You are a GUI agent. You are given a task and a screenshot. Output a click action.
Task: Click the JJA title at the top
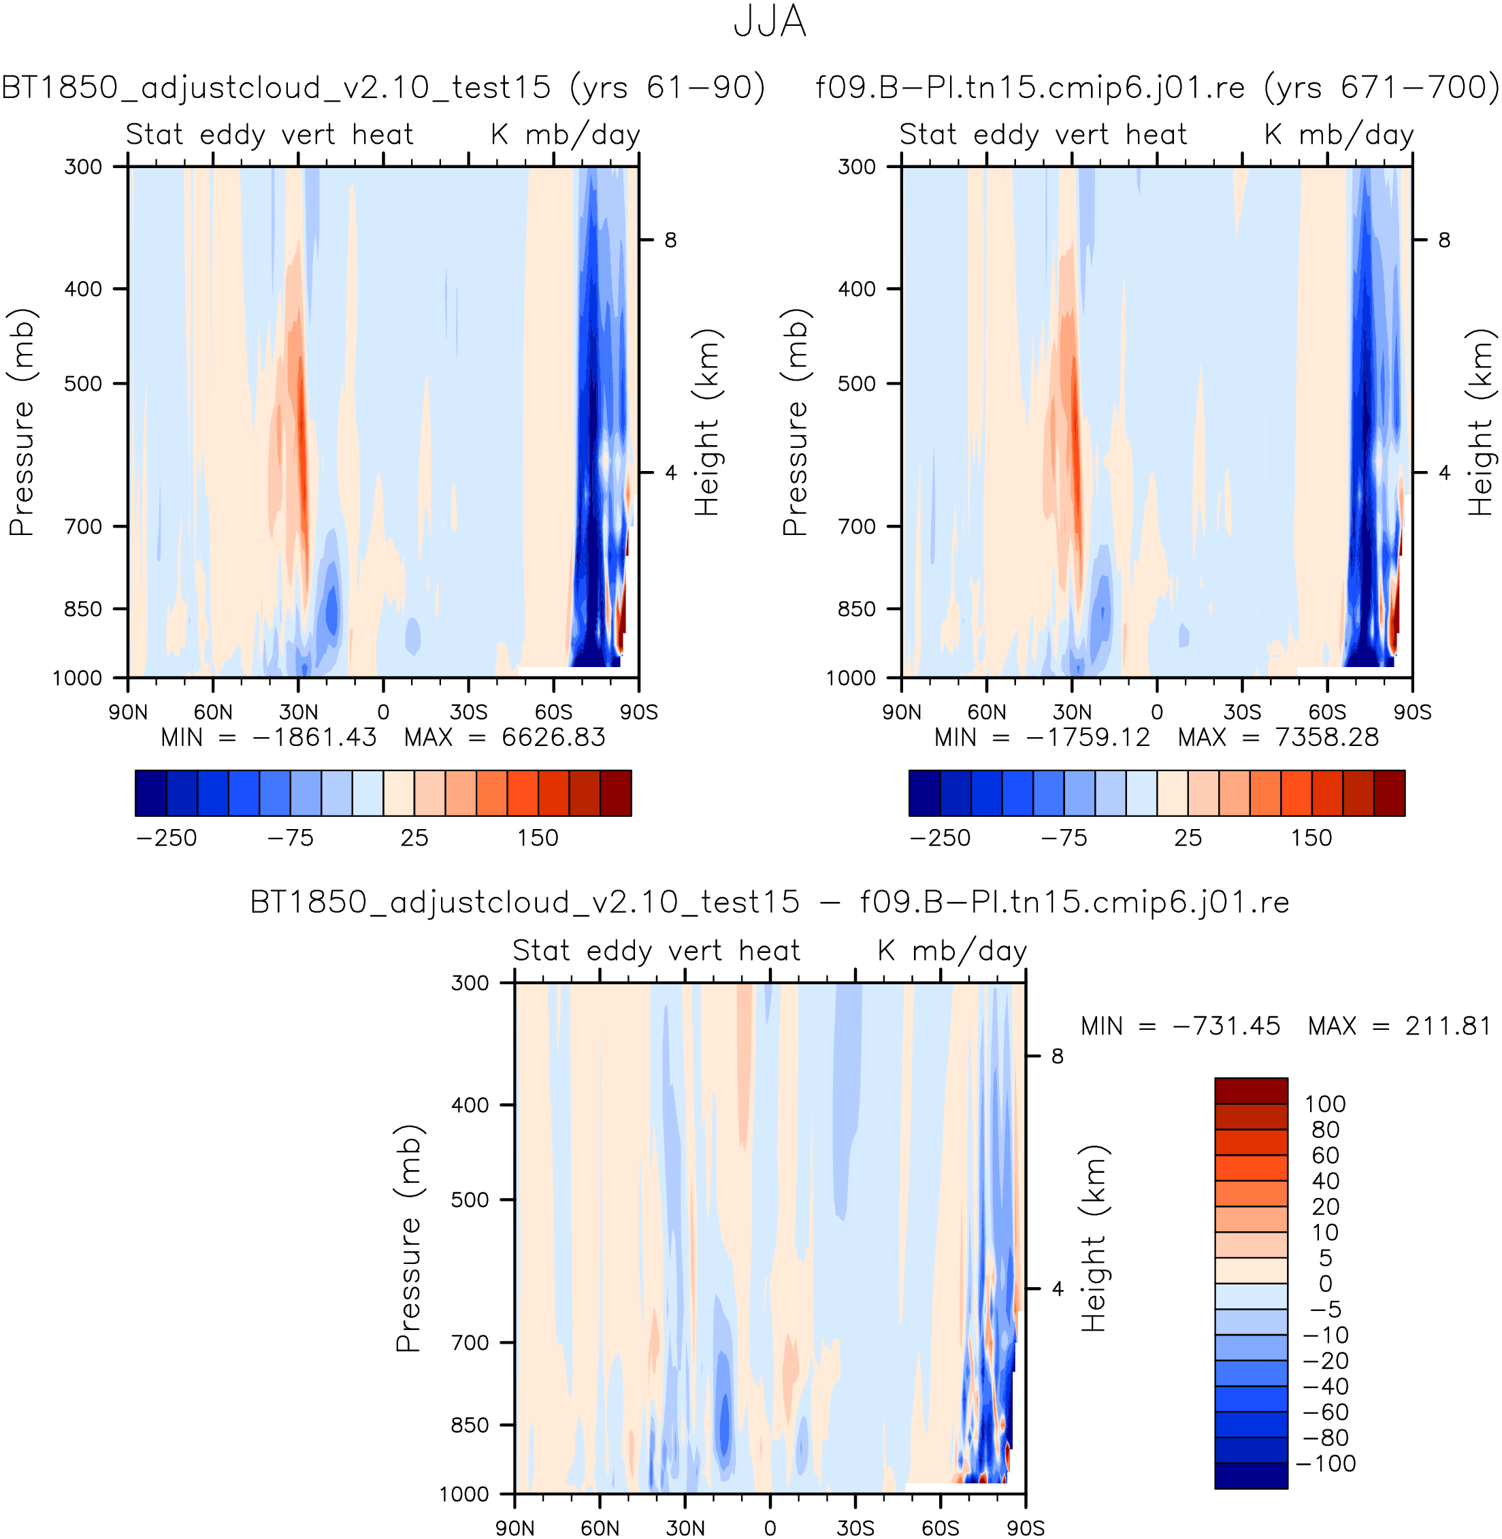769,21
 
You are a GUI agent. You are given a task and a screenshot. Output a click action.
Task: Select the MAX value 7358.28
1327,738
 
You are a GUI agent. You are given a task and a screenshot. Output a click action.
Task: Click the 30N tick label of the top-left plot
298,712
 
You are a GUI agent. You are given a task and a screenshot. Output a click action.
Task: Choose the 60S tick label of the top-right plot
1328,712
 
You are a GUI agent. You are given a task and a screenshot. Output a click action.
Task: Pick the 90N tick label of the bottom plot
515,1528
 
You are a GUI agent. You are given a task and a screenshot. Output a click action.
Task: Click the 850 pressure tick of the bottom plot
470,1425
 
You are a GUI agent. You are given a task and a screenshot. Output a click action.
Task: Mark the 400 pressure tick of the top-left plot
84,289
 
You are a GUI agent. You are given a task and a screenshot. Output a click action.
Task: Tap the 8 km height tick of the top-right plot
1444,240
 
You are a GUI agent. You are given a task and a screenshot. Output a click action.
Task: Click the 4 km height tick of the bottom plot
1058,1289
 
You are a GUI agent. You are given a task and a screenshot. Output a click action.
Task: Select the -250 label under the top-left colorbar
167,838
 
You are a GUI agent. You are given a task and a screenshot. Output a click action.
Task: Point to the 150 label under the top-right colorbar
1311,838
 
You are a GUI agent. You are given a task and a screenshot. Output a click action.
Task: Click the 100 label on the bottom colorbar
1325,1103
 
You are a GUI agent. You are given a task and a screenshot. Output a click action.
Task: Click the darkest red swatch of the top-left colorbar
616,793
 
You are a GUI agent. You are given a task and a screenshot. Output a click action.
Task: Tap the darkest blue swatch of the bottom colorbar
1251,1476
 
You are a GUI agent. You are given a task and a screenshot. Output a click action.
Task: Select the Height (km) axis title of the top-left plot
708,423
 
